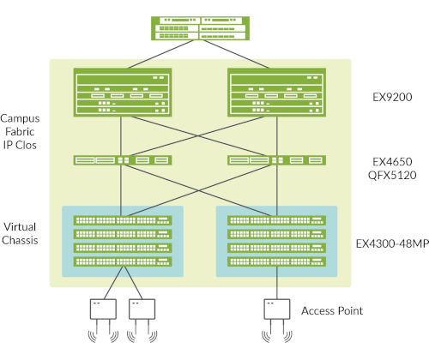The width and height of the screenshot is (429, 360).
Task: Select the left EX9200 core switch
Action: click(122, 93)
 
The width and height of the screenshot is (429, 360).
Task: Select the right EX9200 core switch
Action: click(276, 93)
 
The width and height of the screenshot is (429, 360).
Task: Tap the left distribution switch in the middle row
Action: click(122, 159)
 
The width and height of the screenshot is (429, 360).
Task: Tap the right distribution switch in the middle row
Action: click(276, 159)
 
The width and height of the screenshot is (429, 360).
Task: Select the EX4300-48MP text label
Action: click(391, 243)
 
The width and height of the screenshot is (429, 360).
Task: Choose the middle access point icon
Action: click(142, 309)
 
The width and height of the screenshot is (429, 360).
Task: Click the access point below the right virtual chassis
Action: click(276, 309)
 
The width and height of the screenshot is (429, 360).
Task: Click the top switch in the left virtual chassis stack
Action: click(122, 220)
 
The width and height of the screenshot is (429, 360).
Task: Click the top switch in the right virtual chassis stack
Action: click(276, 220)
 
